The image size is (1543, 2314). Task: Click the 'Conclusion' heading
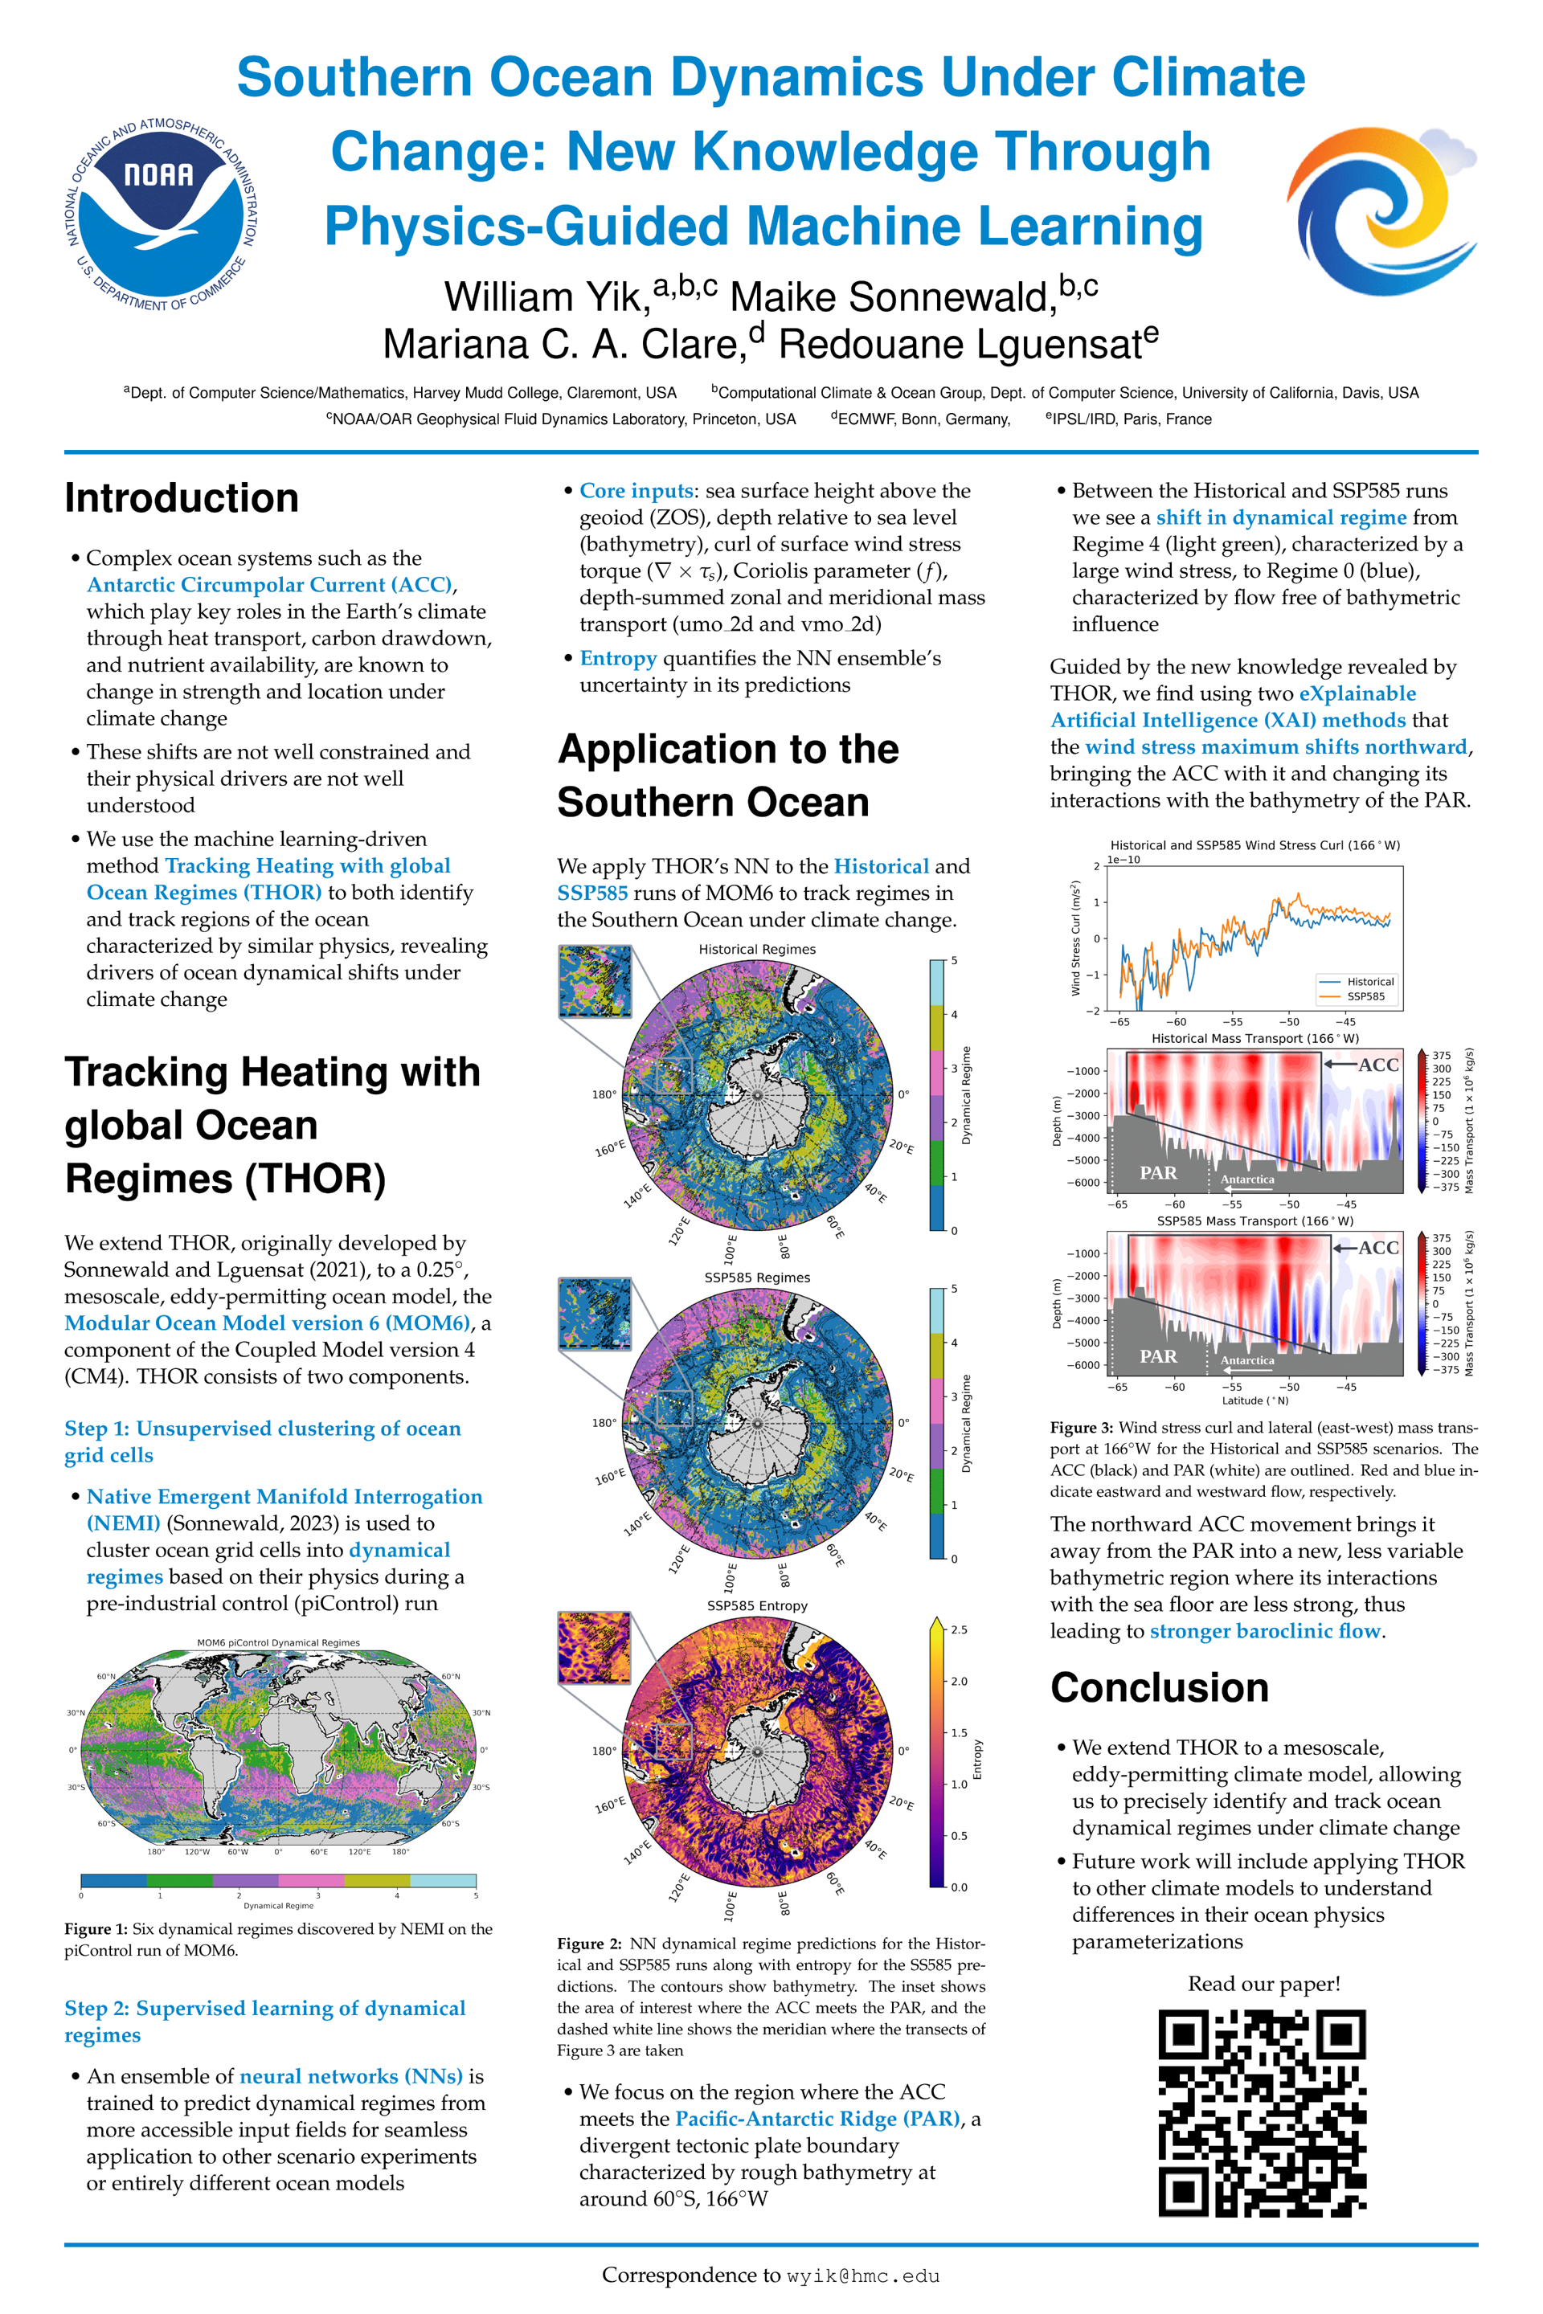coord(1159,1686)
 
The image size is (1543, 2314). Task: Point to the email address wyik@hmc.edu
coord(863,2275)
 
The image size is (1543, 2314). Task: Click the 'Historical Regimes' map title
coord(757,950)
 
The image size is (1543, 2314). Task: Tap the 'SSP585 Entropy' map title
coord(757,1605)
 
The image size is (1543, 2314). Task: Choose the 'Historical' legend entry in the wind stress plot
coord(1369,982)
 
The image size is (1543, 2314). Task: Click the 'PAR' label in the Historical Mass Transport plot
coord(1158,1173)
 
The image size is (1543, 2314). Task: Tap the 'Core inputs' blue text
coord(636,491)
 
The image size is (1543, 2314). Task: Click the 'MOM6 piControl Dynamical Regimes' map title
coord(279,1643)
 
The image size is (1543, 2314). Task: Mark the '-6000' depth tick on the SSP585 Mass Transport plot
coord(1083,1366)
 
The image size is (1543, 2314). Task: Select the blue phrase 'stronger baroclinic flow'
coord(1267,1630)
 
